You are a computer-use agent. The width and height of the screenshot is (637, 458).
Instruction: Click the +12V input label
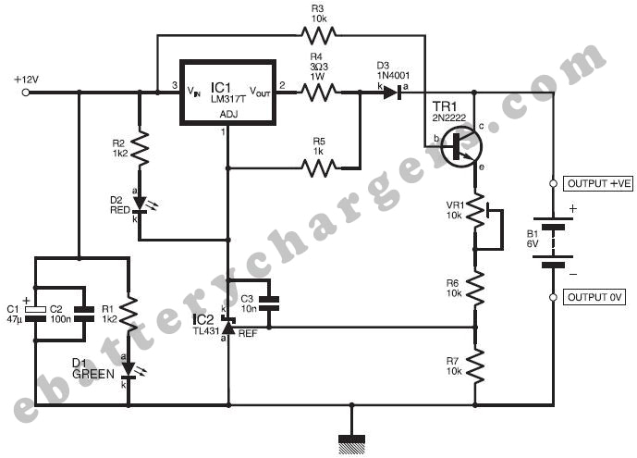26,80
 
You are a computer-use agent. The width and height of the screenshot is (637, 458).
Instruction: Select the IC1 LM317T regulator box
227,93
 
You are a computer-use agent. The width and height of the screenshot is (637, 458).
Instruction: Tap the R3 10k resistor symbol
317,35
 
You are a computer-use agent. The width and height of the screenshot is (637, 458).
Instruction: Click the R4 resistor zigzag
319,92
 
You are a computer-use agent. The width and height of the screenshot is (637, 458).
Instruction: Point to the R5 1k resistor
319,168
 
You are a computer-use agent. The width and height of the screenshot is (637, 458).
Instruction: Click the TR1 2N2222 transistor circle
459,145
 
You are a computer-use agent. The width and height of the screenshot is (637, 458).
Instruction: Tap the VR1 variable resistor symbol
475,211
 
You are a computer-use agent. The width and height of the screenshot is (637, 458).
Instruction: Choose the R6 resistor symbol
475,288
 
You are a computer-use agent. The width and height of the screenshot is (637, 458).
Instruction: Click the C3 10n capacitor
269,303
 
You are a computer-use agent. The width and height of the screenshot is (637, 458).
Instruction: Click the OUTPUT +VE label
599,184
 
